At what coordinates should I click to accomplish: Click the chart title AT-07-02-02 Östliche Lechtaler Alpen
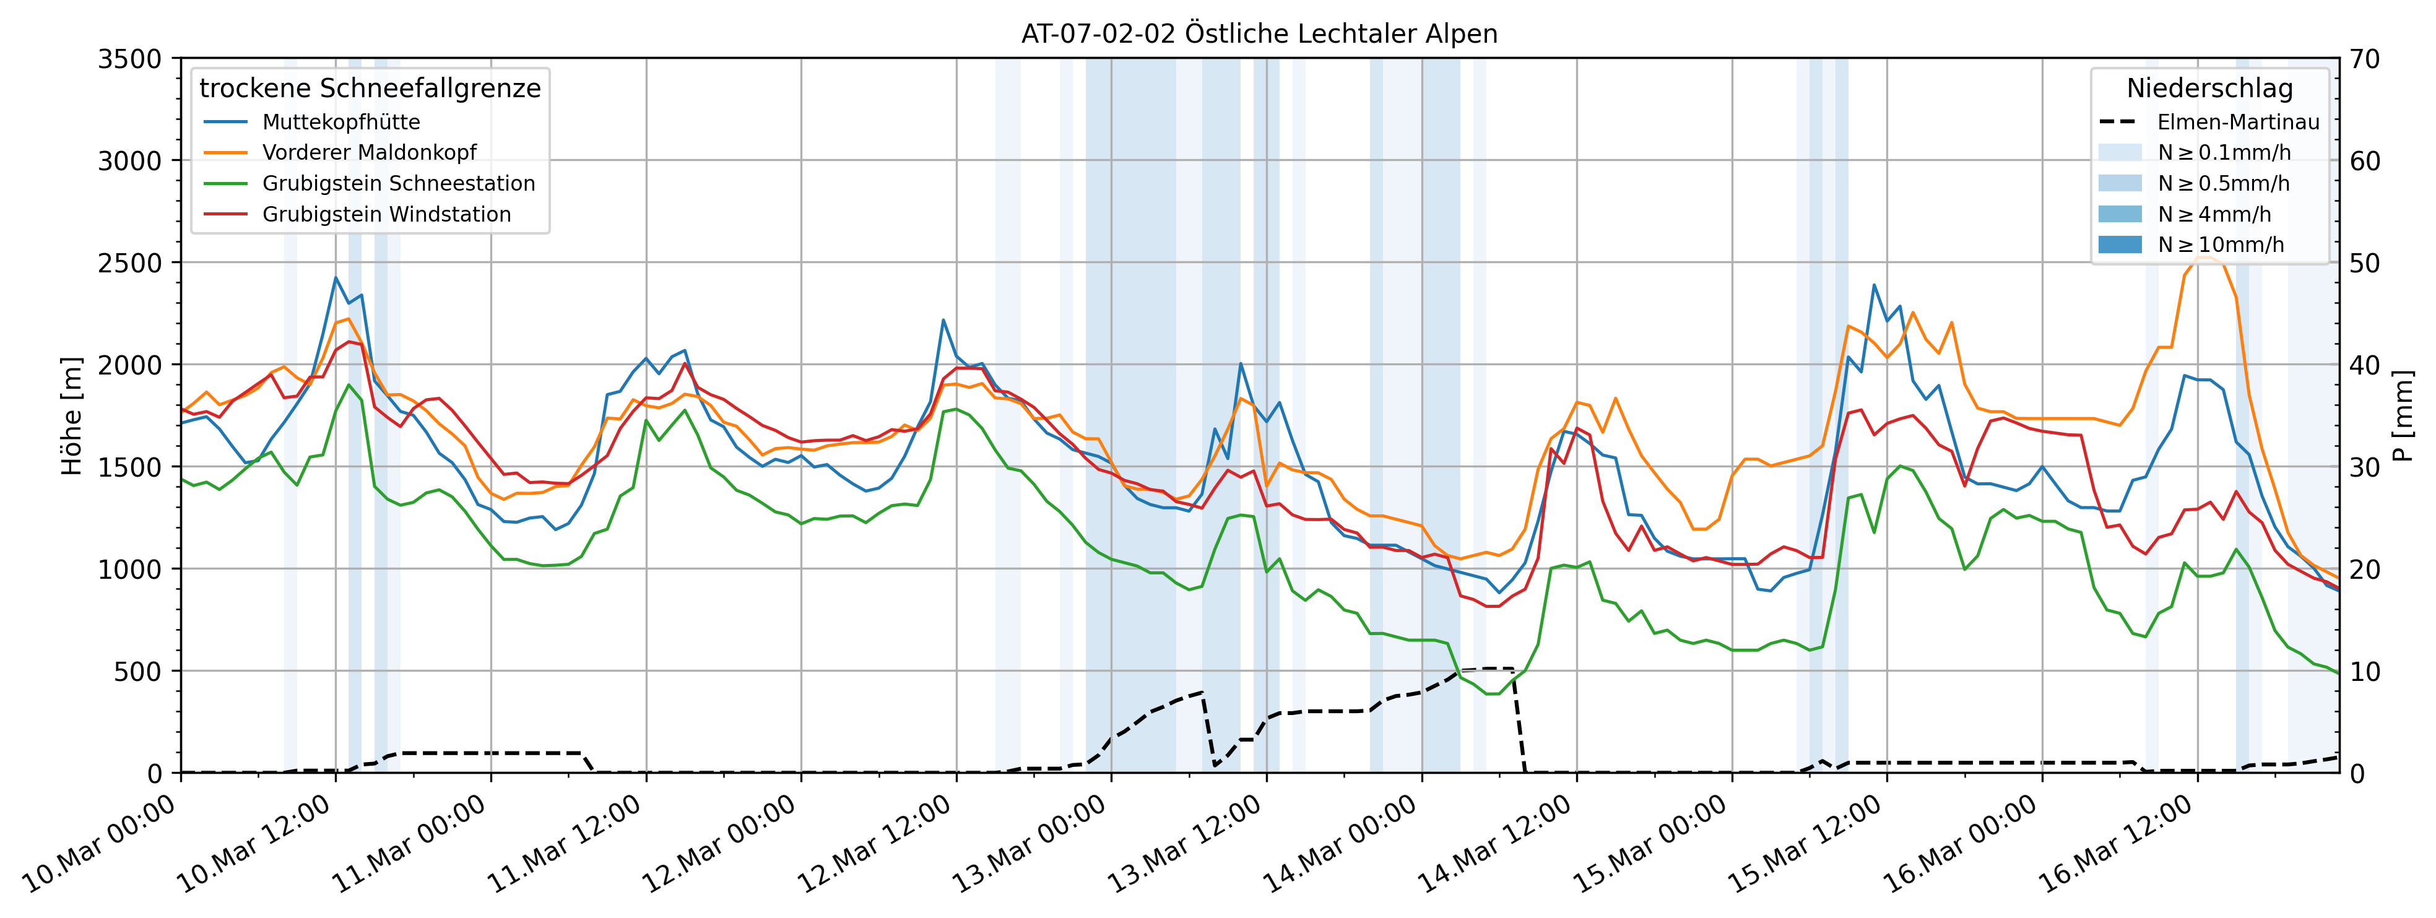pos(1259,34)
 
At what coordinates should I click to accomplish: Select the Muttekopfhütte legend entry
pos(340,122)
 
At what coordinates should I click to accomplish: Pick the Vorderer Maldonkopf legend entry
pos(369,152)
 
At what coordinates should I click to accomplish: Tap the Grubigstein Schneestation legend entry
pos(398,183)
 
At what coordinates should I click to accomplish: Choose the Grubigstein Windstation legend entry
pos(386,215)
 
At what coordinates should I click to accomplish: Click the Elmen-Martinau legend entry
pos(2237,122)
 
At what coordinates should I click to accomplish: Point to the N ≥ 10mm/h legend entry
pos(2221,245)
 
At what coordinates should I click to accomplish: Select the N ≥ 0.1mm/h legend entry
pos(2223,152)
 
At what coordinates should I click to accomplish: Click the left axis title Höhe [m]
pos(72,416)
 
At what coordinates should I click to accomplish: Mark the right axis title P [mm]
pos(2402,416)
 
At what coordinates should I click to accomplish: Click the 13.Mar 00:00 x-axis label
pos(1031,846)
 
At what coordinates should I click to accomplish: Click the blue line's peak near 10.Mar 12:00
pos(336,277)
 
